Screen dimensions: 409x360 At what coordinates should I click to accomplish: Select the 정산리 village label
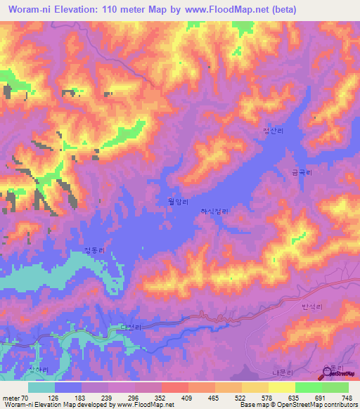pos(271,131)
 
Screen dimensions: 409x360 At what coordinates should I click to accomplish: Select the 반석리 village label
pos(311,306)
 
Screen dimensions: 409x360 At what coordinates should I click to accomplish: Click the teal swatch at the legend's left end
pos(41,387)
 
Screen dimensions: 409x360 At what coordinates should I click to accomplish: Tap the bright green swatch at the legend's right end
pos(335,387)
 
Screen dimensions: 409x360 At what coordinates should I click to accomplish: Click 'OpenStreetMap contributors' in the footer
pos(314,405)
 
